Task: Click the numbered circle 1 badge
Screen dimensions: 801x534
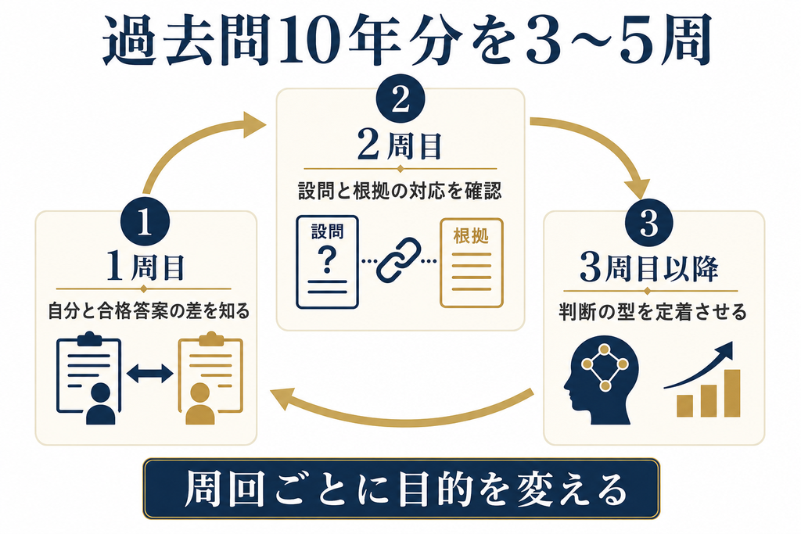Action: pyautogui.click(x=145, y=221)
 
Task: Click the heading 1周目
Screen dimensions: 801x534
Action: pyautogui.click(x=145, y=267)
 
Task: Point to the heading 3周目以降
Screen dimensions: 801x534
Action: pyautogui.click(x=649, y=267)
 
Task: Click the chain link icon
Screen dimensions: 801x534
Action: pyautogui.click(x=399, y=260)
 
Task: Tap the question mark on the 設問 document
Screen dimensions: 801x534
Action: pyautogui.click(x=327, y=259)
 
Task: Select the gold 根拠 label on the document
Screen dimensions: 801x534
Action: pyautogui.click(x=471, y=236)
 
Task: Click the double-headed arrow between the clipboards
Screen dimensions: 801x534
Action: pyautogui.click(x=149, y=373)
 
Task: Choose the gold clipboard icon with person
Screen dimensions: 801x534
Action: pyautogui.click(x=210, y=378)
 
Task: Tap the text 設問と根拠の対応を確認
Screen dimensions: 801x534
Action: pyautogui.click(x=400, y=191)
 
